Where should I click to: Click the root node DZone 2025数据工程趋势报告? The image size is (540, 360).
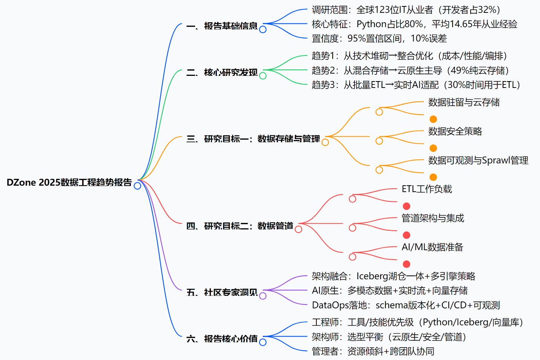point(69,183)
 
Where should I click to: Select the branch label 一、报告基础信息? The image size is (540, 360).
point(222,26)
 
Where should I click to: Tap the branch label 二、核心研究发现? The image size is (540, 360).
point(222,72)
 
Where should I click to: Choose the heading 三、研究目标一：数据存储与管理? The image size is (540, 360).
point(253,139)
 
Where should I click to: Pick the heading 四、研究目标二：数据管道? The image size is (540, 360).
point(239,226)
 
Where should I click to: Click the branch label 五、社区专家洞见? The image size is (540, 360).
point(222,292)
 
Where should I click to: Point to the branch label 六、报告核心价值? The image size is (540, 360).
point(222,339)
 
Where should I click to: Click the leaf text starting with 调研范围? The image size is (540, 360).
point(406,10)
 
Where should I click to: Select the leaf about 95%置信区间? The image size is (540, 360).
point(379,38)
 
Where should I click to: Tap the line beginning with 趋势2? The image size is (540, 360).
point(410,71)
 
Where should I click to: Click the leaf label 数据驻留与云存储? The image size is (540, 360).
point(464,102)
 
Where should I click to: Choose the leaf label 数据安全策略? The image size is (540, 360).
point(455,131)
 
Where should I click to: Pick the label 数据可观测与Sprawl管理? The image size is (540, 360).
point(478,160)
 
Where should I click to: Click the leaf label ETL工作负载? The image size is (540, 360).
point(426,189)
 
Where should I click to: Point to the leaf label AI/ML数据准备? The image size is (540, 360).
point(432,247)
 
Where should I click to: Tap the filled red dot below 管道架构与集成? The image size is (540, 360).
point(407,235)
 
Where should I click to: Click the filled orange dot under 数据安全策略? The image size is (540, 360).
point(433,148)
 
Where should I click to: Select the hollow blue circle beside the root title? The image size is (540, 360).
point(138,186)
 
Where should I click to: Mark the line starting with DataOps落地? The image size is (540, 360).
point(406,305)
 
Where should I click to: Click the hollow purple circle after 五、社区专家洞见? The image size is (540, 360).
point(263,296)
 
